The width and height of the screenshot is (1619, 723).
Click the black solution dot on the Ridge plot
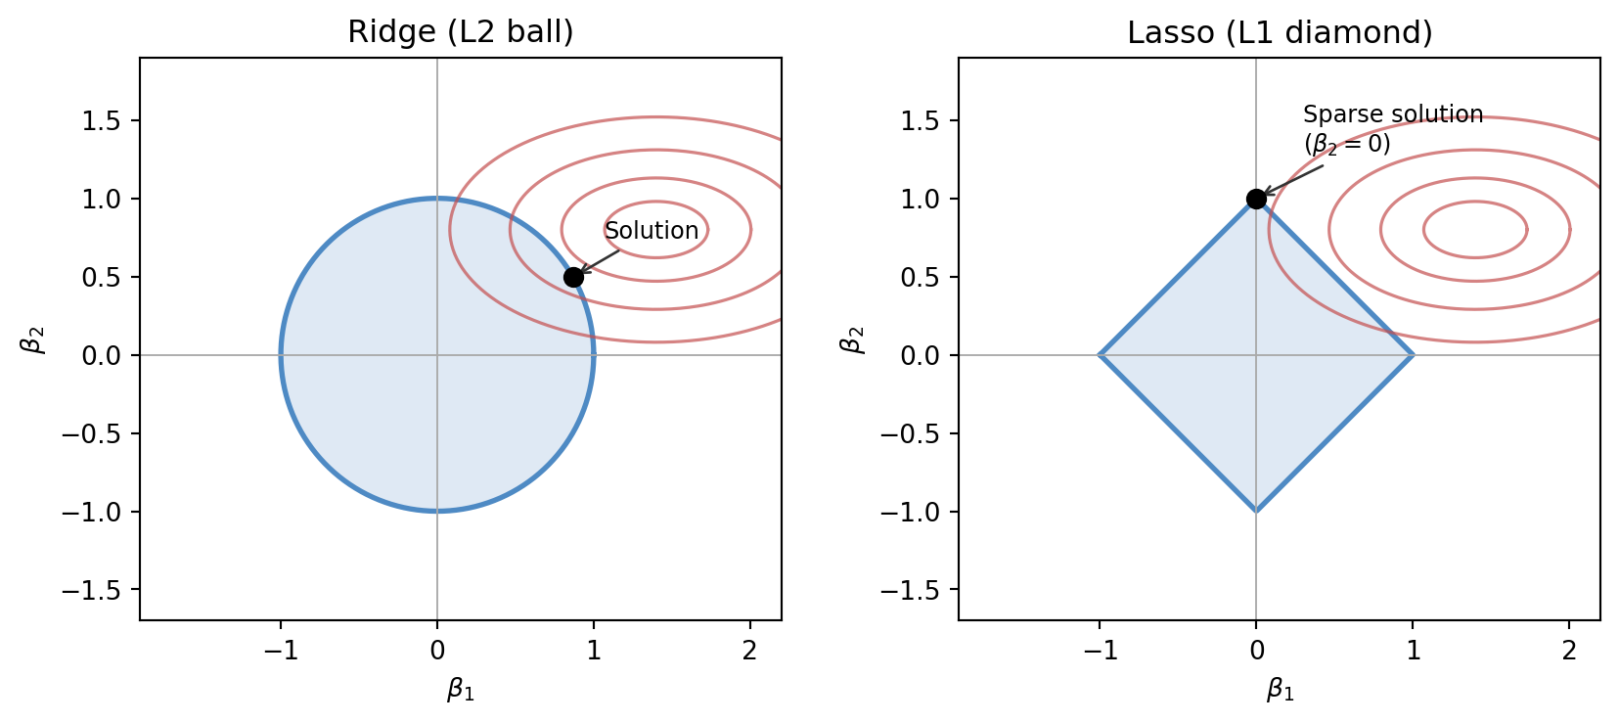point(574,277)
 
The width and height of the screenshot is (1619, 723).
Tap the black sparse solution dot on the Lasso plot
point(1256,199)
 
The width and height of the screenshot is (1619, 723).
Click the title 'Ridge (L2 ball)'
point(461,32)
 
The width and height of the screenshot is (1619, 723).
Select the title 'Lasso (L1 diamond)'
point(1280,32)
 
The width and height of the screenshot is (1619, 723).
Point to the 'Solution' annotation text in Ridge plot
point(652,231)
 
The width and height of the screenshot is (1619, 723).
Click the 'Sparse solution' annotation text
point(1393,114)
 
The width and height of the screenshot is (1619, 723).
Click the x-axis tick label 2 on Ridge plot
point(750,651)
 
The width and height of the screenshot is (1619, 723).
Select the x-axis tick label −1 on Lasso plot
point(1100,651)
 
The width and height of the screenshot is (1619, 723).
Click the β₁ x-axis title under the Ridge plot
point(461,690)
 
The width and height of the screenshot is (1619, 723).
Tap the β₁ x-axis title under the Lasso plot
point(1280,690)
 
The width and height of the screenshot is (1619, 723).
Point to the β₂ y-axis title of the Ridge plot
point(34,339)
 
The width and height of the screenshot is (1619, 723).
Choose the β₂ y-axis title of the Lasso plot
point(853,339)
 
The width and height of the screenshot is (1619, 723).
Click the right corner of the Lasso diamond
point(1413,355)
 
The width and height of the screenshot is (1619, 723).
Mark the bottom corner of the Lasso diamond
point(1256,511)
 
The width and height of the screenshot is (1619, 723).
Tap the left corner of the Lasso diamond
point(1101,355)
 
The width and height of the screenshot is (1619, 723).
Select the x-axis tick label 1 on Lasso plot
point(1413,651)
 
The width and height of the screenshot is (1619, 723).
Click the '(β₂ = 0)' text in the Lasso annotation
point(1347,144)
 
